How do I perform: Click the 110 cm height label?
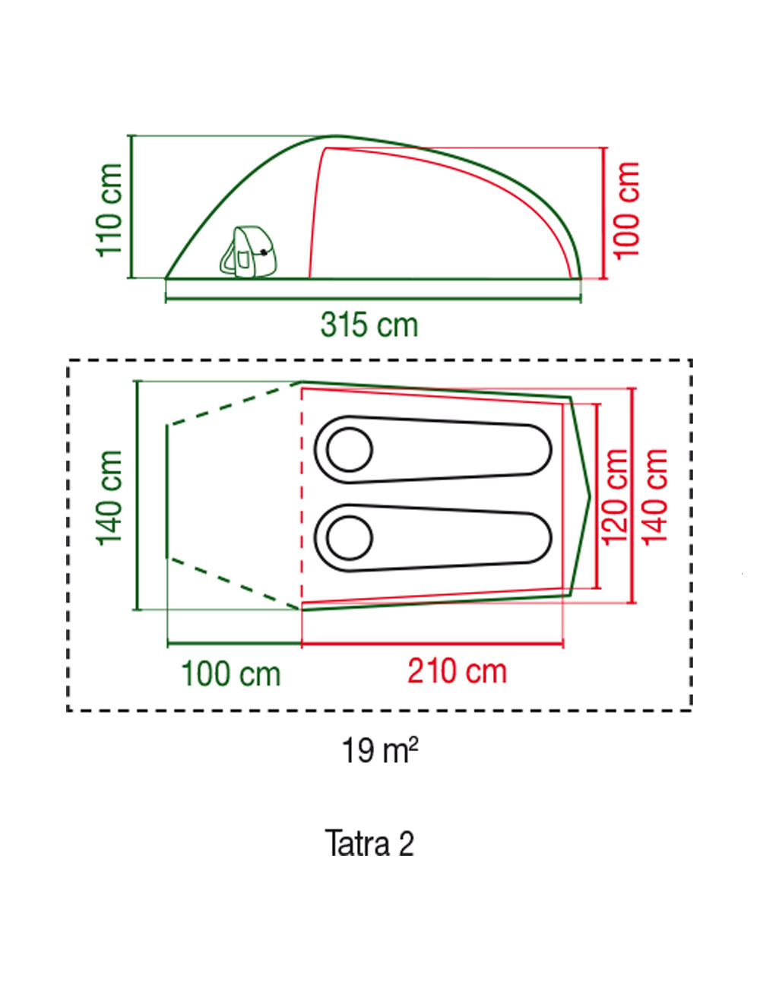coord(109,211)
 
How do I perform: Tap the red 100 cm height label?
coord(628,211)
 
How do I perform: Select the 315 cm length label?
coord(369,325)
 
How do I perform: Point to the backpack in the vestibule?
coord(248,252)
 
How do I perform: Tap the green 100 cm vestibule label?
coord(231,674)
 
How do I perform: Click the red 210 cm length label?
coord(457,672)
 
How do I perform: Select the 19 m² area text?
coord(379,751)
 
